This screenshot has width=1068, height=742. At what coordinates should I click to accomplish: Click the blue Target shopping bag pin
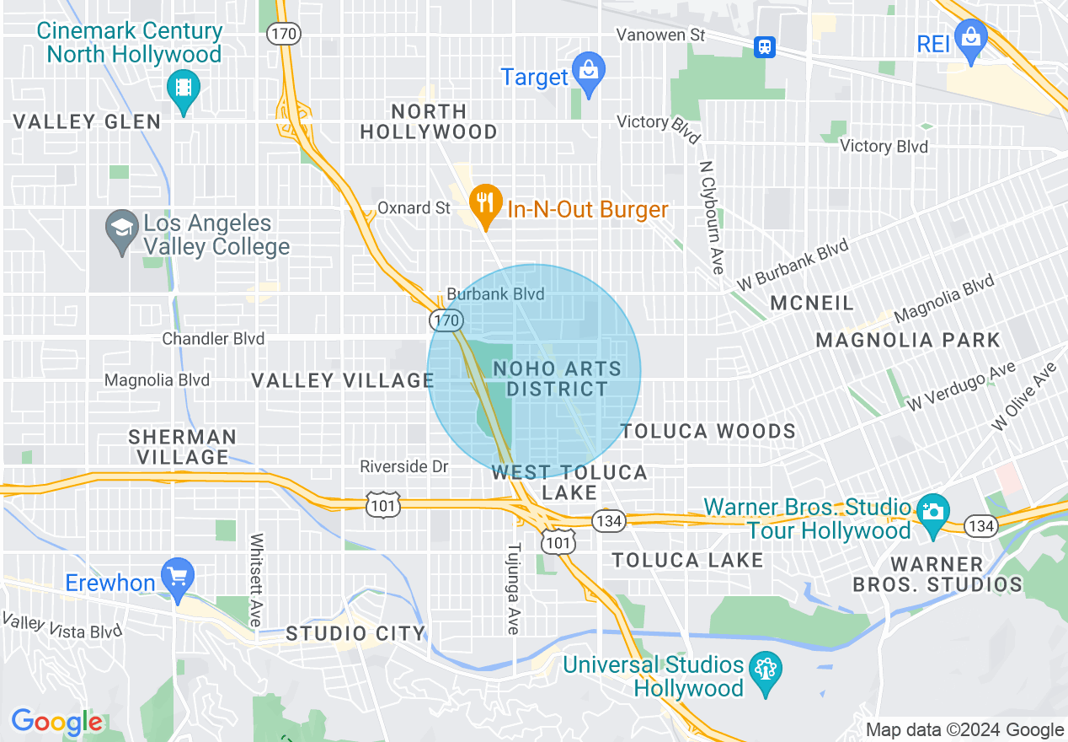point(588,70)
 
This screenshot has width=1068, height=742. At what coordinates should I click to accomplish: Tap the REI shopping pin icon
point(971,39)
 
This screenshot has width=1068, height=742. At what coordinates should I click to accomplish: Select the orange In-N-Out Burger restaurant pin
point(483,202)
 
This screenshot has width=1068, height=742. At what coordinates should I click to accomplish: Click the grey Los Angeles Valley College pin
point(122,229)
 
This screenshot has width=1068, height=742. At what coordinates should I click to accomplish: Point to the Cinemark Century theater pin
point(182,87)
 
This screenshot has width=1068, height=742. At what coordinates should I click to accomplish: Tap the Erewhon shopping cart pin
point(178,578)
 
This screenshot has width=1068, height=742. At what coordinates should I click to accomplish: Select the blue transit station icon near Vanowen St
point(765,46)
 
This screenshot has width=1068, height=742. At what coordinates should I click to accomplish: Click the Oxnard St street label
point(414,207)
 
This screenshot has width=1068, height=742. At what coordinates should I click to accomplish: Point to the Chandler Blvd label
point(213,339)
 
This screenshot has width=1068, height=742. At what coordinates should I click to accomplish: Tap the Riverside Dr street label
point(404,466)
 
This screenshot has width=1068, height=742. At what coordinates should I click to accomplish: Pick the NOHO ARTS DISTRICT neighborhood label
point(557,379)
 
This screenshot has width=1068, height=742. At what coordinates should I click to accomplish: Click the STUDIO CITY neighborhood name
point(355,633)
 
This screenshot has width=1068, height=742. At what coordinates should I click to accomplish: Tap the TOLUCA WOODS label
point(708,432)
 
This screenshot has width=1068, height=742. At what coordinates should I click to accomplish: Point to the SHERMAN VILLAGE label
point(183,447)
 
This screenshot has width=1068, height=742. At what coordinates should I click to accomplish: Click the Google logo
point(57,722)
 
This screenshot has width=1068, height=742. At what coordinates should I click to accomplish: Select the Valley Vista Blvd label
point(62,626)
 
